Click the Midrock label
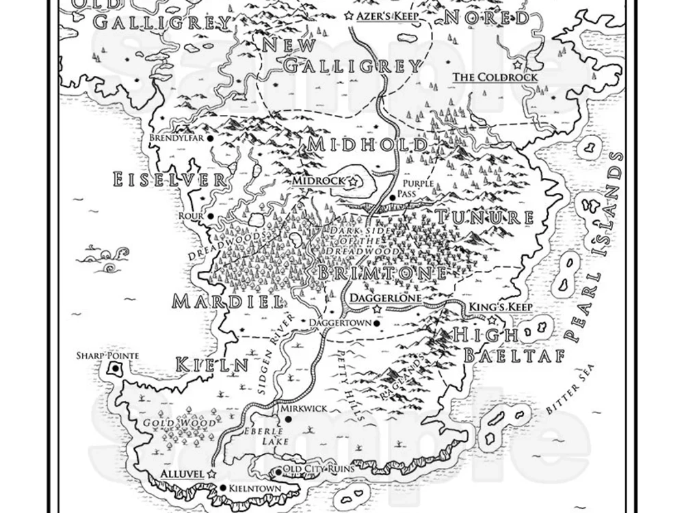pos(319,181)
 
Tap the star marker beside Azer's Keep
pos(350,14)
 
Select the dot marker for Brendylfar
pos(210,137)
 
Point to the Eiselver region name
pos(169,180)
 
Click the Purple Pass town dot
pos(393,197)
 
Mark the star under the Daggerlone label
pos(377,310)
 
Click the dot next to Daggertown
pos(377,322)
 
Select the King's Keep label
pos(500,307)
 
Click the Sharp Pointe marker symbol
pos(115,370)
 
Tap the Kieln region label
pos(211,365)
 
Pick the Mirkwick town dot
pos(289,419)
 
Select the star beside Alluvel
pos(211,473)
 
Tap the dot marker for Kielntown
pos(223,488)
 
